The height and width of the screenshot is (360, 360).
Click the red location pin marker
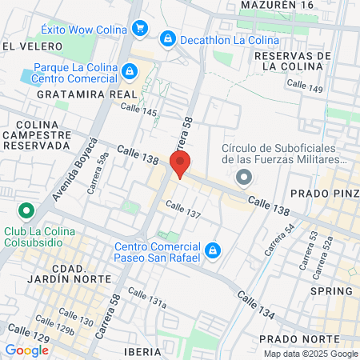click(x=180, y=165)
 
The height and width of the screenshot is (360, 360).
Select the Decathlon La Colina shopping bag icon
click(x=167, y=38)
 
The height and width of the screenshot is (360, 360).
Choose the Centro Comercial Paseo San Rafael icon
click(x=211, y=251)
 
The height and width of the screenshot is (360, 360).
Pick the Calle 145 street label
click(x=138, y=111)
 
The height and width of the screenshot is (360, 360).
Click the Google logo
click(x=26, y=350)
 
